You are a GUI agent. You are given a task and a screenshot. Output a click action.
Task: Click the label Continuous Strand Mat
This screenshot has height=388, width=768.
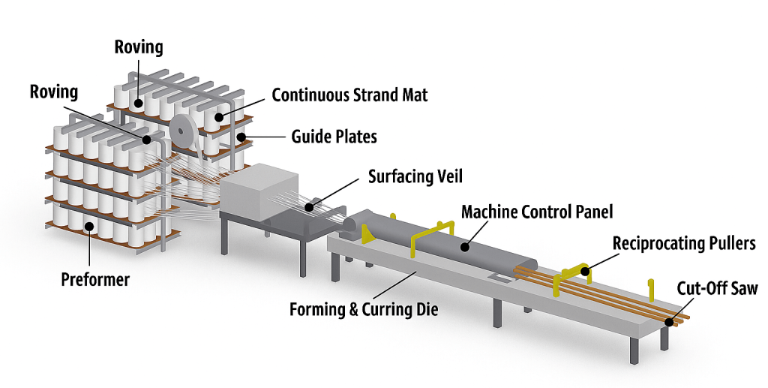coord(349,95)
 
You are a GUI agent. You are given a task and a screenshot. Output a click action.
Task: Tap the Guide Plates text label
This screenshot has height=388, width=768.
coord(334,137)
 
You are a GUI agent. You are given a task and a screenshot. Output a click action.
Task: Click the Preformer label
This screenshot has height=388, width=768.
coord(95,280)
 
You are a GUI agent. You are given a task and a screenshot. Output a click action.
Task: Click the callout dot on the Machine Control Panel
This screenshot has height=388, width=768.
coord(465,244)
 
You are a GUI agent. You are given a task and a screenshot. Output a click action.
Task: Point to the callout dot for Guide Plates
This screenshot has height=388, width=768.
coord(241,137)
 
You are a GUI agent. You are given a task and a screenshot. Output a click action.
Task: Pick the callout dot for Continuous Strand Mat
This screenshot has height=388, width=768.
coord(218,116)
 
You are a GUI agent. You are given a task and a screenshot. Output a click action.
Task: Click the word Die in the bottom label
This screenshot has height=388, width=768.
coord(427,309)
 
